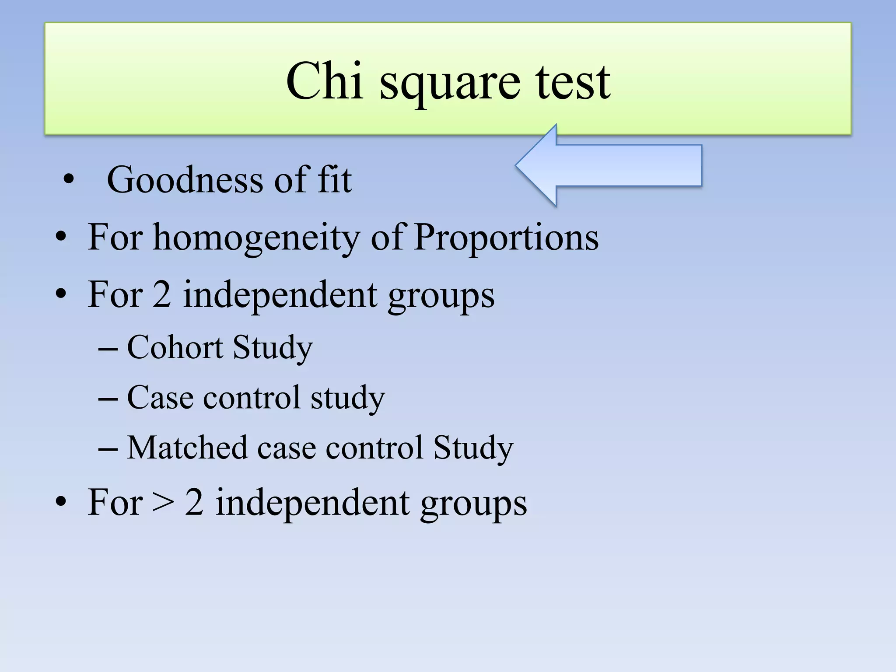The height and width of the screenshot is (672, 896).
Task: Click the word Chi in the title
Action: pos(324,81)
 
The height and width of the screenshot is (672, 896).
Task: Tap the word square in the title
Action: pos(450,86)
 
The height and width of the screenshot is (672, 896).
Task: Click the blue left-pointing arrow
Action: pos(609,165)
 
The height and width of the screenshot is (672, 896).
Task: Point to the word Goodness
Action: pos(185,180)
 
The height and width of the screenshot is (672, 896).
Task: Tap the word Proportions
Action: pos(506,238)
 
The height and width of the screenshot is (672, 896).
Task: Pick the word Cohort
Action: pos(175,347)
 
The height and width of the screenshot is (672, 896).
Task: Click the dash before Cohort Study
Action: pos(108,349)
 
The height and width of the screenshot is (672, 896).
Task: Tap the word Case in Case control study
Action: pos(160,398)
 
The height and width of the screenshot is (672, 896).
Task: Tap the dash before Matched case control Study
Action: pos(108,449)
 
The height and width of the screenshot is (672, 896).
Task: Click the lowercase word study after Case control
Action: pos(347,399)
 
